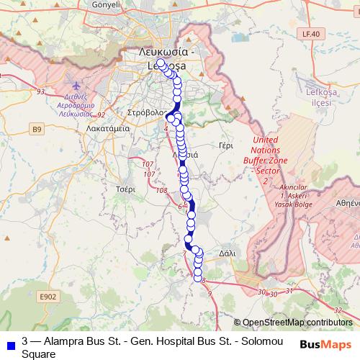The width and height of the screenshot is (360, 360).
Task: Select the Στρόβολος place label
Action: pyautogui.click(x=146, y=113)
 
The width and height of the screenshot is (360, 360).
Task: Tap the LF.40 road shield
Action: pyautogui.click(x=310, y=34)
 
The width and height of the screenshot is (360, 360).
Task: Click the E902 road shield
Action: pyautogui.click(x=48, y=296)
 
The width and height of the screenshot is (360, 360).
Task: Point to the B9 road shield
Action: pyautogui.click(x=37, y=129)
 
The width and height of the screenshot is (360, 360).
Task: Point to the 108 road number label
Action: pyautogui.click(x=161, y=190)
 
